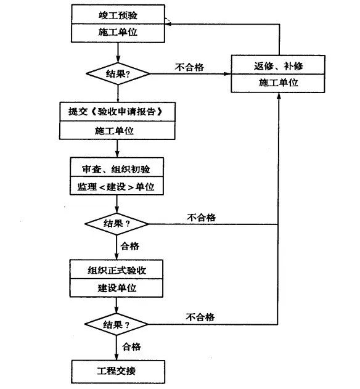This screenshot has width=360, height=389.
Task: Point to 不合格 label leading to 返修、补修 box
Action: (x=190, y=67)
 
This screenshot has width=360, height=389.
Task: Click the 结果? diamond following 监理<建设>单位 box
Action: (x=117, y=223)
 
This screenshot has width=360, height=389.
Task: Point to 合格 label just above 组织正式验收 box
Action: (x=131, y=246)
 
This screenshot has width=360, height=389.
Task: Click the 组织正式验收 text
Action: (x=117, y=269)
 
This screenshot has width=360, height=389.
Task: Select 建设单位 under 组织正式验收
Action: (x=117, y=288)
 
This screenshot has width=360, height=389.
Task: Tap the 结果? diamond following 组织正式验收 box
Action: (x=117, y=324)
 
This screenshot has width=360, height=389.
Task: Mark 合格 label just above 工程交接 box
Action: (x=131, y=346)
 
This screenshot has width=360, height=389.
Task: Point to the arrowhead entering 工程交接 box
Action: (x=117, y=357)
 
